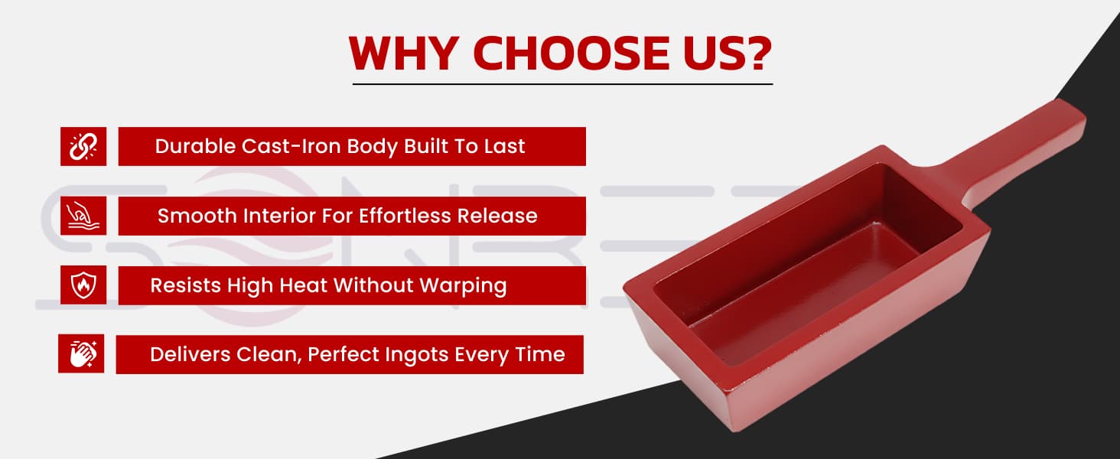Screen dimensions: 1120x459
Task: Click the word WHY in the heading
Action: tap(404, 53)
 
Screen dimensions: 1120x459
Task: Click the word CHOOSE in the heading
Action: tap(571, 53)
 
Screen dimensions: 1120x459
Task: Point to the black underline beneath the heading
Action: tap(562, 84)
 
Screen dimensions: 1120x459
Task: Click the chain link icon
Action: tap(83, 147)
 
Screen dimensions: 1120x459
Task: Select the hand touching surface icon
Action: tap(83, 216)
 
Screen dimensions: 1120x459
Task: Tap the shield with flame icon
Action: tap(83, 285)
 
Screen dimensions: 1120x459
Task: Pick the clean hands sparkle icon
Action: tap(82, 354)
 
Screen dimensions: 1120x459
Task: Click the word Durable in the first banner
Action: tap(195, 146)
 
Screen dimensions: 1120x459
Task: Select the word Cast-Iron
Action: tap(291, 146)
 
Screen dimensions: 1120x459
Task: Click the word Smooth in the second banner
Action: tap(197, 216)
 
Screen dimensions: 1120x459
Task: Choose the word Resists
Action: tap(185, 285)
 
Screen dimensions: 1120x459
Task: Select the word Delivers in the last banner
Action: tap(190, 354)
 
